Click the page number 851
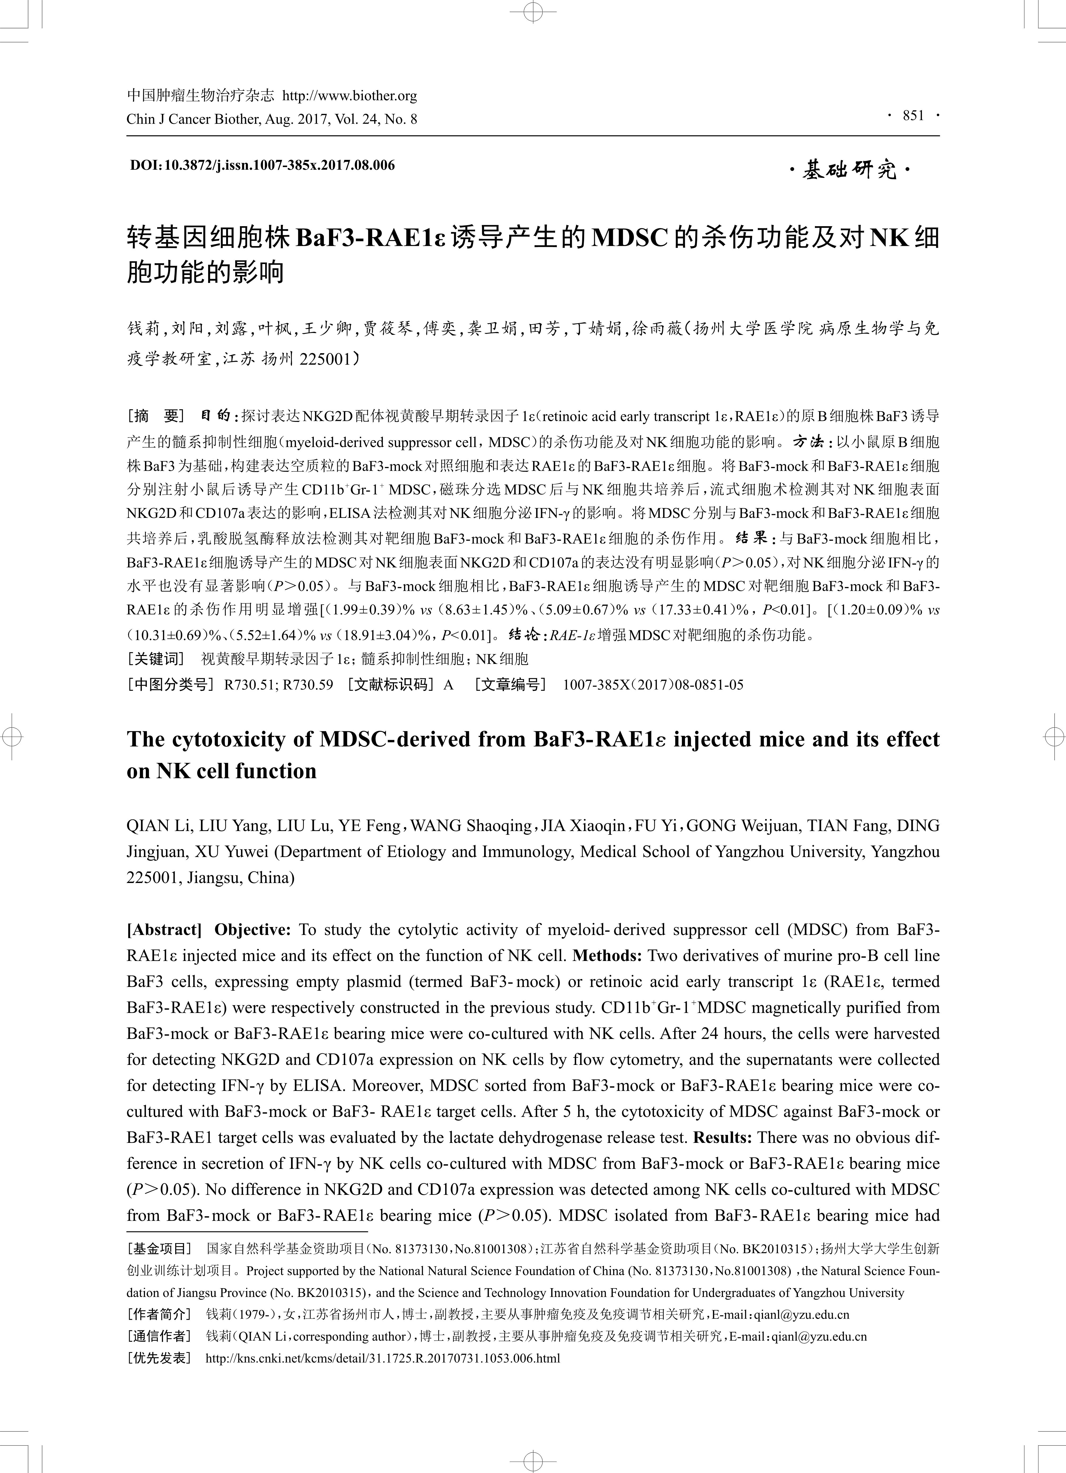click(x=913, y=116)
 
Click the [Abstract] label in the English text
click(x=164, y=929)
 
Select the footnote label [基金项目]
click(x=160, y=1248)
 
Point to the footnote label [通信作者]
click(x=160, y=1336)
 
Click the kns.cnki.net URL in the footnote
click(x=382, y=1358)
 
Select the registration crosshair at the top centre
click(x=532, y=12)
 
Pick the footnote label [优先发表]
click(x=160, y=1358)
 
